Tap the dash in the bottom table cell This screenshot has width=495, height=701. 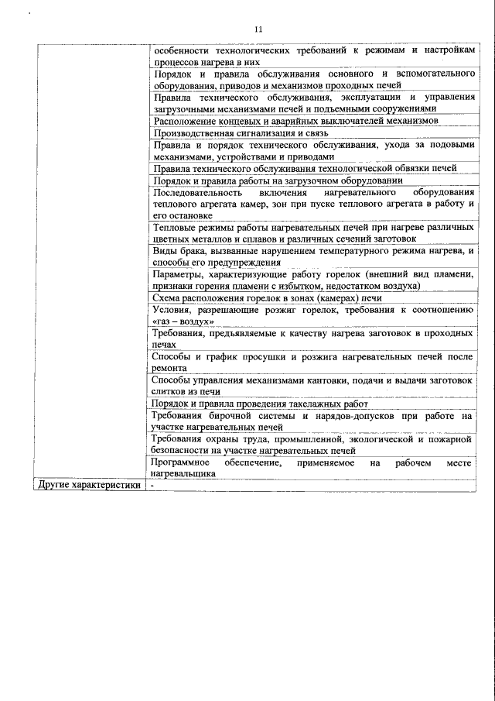tap(153, 486)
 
